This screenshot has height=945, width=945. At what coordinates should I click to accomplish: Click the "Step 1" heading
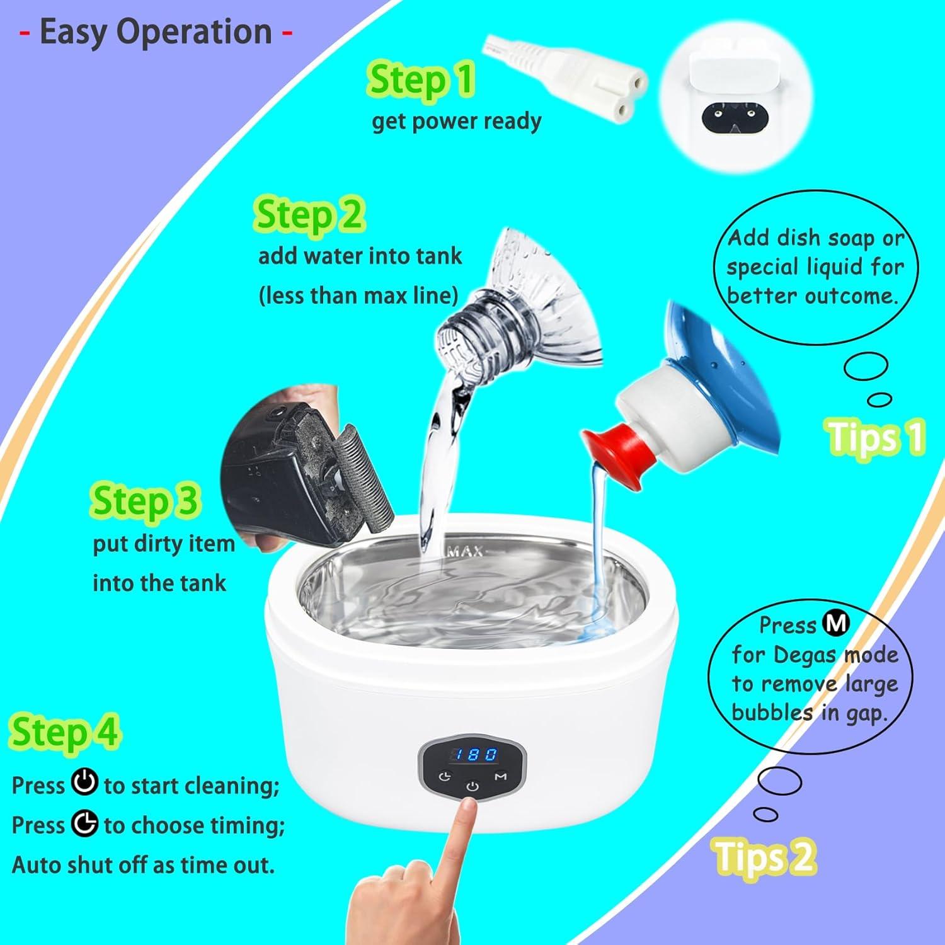pos(421,81)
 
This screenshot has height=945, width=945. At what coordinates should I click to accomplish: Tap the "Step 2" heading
pos(309,215)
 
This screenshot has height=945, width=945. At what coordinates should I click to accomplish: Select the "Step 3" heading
pos(146,501)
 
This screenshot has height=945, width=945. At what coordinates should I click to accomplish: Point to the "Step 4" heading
pos(64,733)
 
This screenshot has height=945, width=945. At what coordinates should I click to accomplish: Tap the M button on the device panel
pos(501,776)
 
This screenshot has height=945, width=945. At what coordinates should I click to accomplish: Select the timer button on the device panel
pos(445,776)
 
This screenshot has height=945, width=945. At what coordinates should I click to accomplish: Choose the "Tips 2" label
pos(765,856)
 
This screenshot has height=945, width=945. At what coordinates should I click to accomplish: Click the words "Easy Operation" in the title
pos(156,32)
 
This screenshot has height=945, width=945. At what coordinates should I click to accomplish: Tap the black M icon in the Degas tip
pos(837,624)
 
